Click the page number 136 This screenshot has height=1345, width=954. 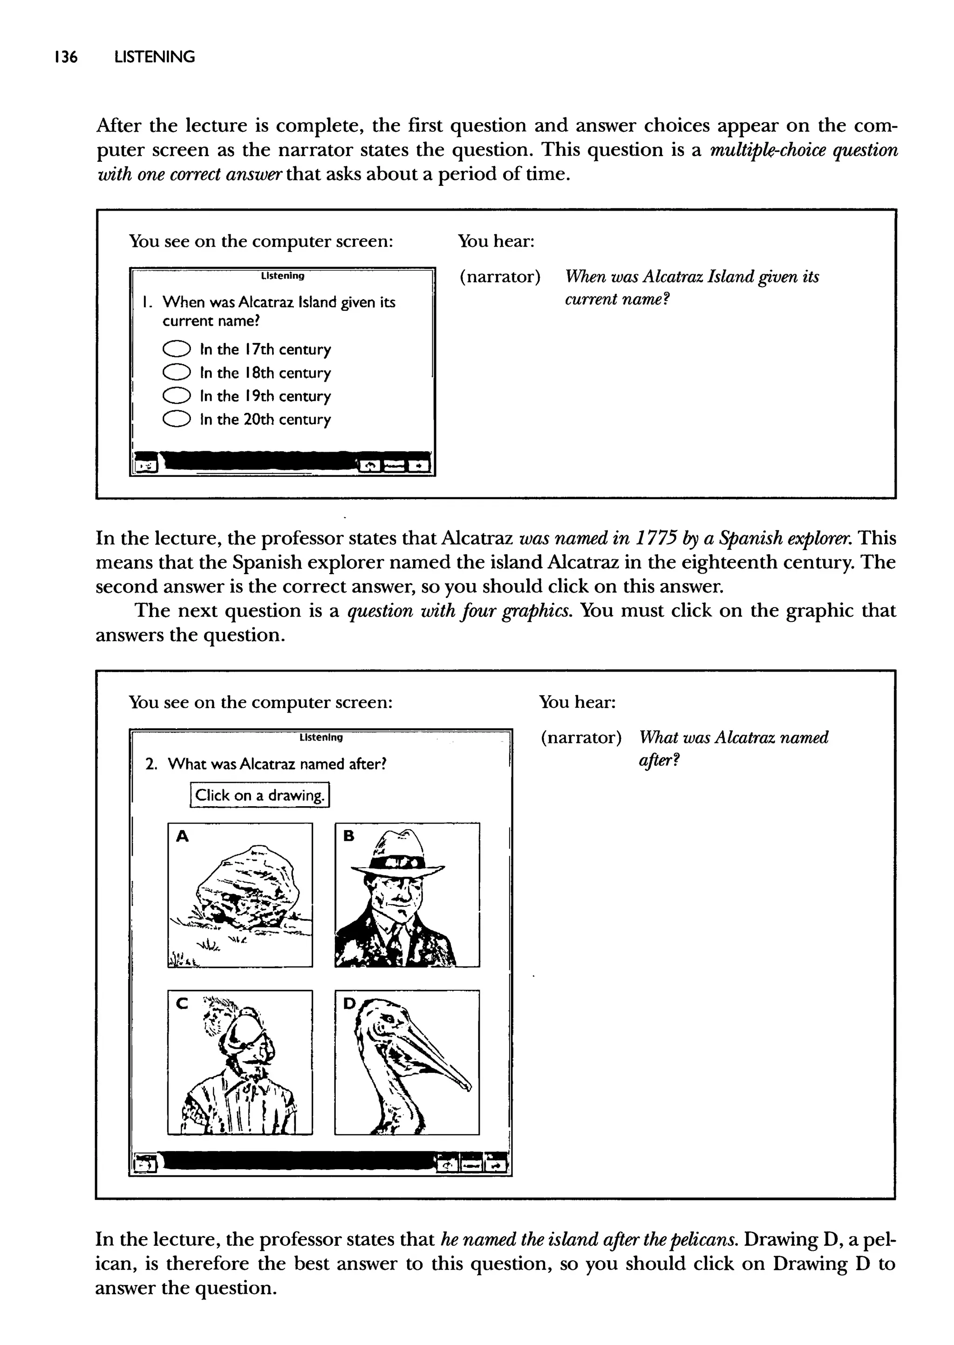[65, 57]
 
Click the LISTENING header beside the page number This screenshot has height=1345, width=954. [155, 57]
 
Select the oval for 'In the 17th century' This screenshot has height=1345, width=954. [176, 349]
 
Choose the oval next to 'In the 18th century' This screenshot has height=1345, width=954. [176, 372]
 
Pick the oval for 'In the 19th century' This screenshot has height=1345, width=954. [176, 396]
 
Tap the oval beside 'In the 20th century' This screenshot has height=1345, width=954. [176, 419]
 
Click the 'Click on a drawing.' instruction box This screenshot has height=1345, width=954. [259, 795]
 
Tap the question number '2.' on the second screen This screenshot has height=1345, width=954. [151, 764]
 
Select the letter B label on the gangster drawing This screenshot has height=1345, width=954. [349, 836]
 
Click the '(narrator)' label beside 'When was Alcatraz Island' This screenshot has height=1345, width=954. [499, 276]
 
